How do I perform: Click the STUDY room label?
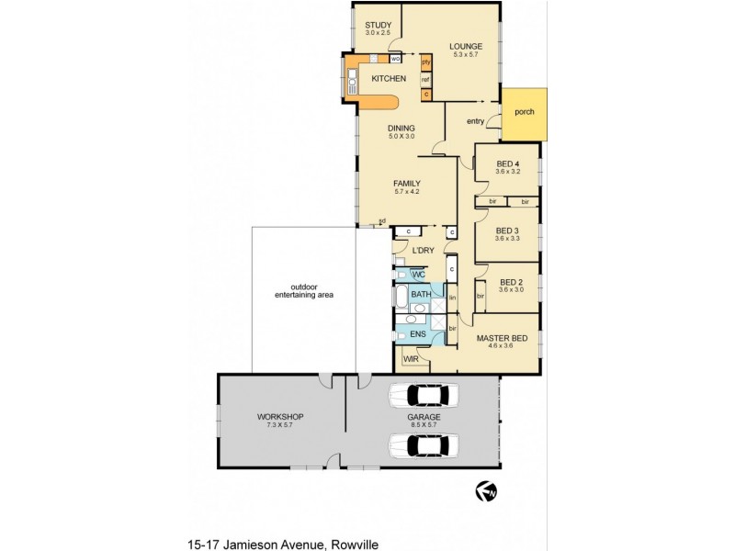click(378, 25)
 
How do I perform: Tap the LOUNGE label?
click(466, 46)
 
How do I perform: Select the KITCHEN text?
click(388, 79)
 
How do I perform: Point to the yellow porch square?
click(524, 114)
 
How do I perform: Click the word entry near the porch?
click(475, 121)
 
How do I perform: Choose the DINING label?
click(401, 128)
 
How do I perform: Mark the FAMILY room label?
click(407, 183)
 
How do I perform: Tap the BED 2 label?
click(511, 282)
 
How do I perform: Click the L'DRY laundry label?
click(423, 250)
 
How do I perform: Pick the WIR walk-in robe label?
click(411, 359)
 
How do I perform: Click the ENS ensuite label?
click(418, 334)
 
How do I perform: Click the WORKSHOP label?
click(279, 417)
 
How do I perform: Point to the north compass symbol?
click(486, 492)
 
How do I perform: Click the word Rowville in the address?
click(354, 544)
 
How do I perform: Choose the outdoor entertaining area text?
click(303, 290)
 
